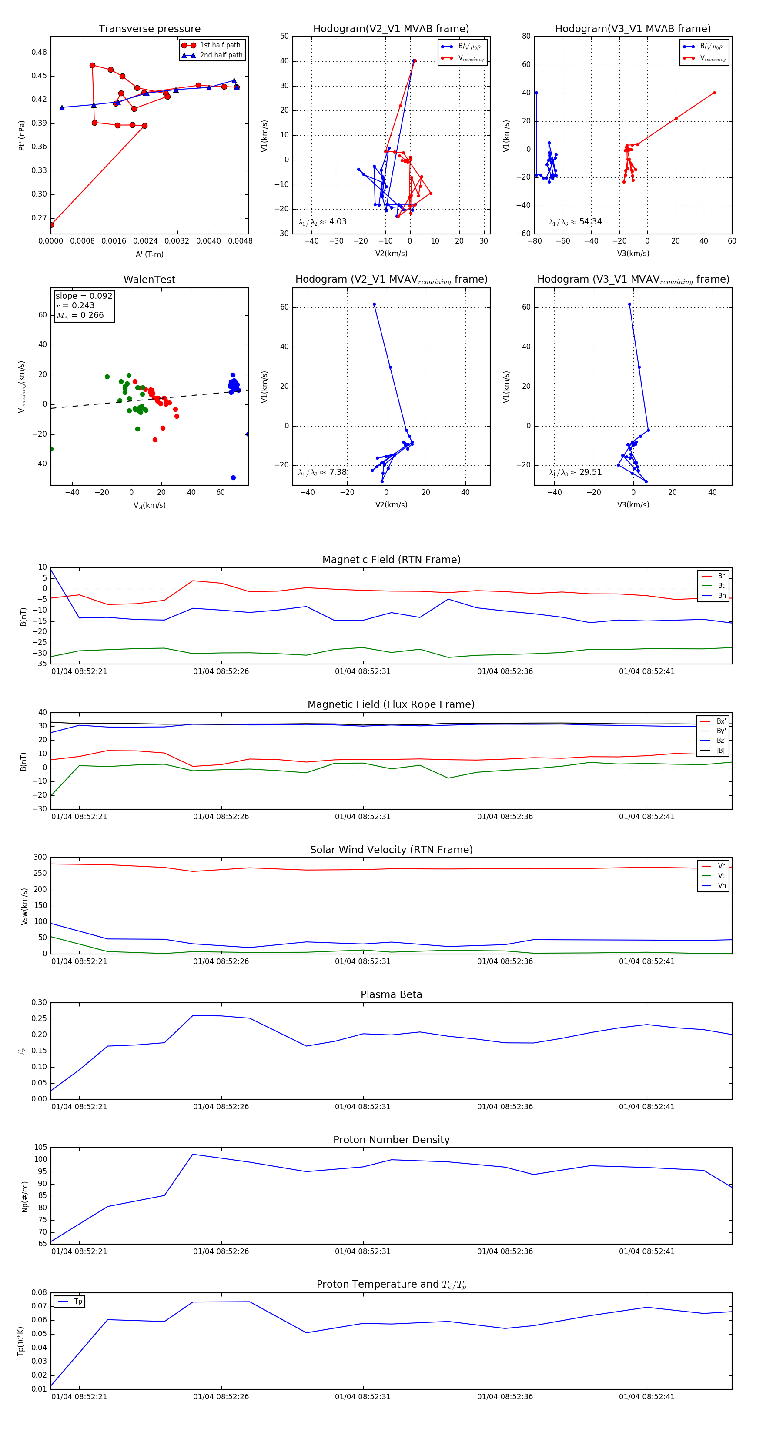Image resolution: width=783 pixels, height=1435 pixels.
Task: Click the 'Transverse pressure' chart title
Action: click(149, 29)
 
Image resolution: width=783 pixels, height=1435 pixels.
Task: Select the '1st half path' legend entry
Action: click(220, 45)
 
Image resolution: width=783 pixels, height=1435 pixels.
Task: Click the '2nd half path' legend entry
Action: click(221, 55)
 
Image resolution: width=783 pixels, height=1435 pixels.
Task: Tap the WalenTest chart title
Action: click(149, 280)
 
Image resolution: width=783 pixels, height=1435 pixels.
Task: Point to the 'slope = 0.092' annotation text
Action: click(84, 296)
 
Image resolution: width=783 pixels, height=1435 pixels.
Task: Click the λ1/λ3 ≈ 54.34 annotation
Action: click(575, 222)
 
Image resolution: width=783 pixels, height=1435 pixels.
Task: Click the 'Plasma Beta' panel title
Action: click(391, 994)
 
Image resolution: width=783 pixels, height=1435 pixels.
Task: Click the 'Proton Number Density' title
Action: click(391, 1140)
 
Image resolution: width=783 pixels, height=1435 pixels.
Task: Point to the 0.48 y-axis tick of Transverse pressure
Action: click(39, 52)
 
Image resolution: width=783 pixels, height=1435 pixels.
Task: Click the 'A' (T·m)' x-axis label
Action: click(149, 254)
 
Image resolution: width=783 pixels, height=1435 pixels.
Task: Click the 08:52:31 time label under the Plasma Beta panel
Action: click(363, 1106)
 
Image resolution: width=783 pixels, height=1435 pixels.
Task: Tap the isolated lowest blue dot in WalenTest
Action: click(233, 477)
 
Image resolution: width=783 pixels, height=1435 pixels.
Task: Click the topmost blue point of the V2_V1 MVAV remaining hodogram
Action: click(374, 304)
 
